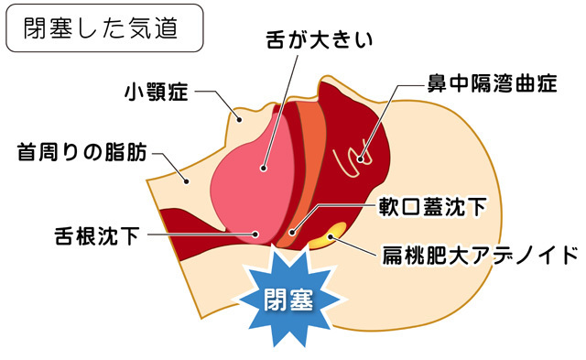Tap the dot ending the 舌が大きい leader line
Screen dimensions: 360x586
pyautogui.click(x=262, y=168)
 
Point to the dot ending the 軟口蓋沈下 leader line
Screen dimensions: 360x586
pyautogui.click(x=291, y=231)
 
